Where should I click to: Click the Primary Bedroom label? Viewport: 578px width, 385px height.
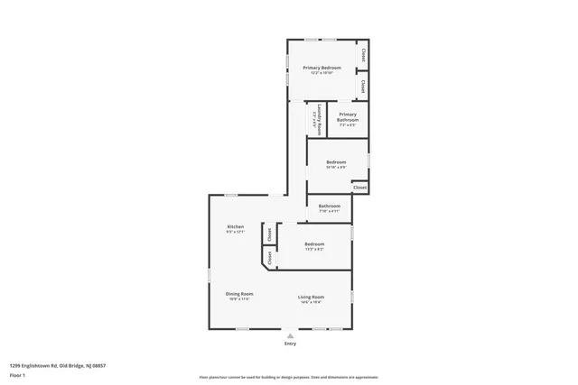pyautogui.click(x=322, y=68)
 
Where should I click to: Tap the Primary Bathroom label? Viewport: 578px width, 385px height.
pyautogui.click(x=348, y=117)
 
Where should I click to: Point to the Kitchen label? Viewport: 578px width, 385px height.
pyautogui.click(x=235, y=226)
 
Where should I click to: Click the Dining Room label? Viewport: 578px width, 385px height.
pyautogui.click(x=239, y=294)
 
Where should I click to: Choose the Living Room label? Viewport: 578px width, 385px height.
pyautogui.click(x=312, y=297)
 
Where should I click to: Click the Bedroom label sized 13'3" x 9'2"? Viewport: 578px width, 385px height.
pyautogui.click(x=314, y=243)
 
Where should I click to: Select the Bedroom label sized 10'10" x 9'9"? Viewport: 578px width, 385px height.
pyautogui.click(x=336, y=162)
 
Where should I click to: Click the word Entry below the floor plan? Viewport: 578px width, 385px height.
pyautogui.click(x=290, y=344)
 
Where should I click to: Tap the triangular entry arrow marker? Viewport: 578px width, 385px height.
pyautogui.click(x=290, y=335)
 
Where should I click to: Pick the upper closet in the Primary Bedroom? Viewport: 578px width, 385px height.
pyautogui.click(x=363, y=54)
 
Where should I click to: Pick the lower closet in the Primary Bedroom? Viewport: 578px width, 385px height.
pyautogui.click(x=363, y=87)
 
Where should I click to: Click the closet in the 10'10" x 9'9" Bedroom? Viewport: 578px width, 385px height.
pyautogui.click(x=359, y=188)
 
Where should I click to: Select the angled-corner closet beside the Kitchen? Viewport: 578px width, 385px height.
pyautogui.click(x=268, y=257)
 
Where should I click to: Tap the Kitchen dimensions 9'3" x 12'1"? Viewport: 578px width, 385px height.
pyautogui.click(x=235, y=232)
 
